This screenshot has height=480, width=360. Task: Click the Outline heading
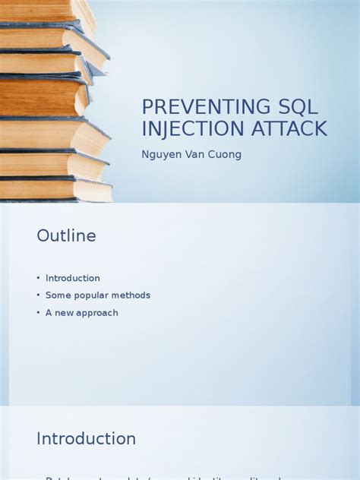click(66, 236)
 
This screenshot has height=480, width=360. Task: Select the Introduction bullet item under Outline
click(72, 278)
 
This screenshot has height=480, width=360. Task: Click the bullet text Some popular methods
click(97, 295)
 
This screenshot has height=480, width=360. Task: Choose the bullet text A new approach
click(81, 313)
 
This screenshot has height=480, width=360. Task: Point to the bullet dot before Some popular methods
click(38, 295)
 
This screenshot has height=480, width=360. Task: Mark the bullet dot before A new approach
click(38, 313)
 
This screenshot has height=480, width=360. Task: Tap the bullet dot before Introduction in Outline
click(38, 278)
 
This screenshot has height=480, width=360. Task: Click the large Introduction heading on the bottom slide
click(86, 439)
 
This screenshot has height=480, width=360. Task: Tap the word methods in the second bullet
click(132, 295)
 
